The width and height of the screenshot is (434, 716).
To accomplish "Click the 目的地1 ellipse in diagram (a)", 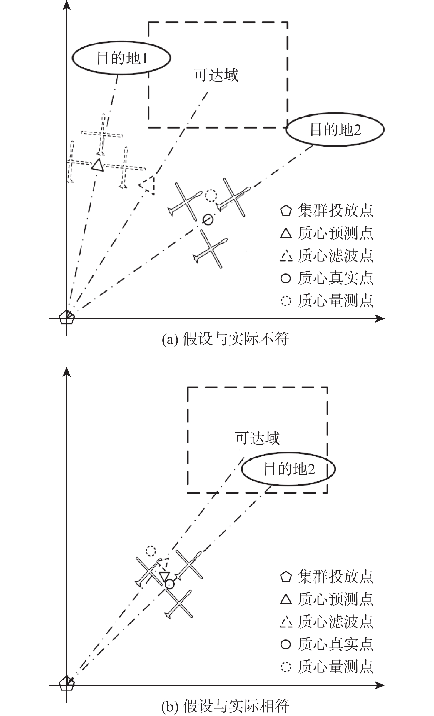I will [121, 58].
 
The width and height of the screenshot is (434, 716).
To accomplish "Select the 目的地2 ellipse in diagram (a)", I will [335, 129].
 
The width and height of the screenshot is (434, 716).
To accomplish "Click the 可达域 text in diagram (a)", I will [216, 75].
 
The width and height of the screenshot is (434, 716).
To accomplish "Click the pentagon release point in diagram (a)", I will [67, 318].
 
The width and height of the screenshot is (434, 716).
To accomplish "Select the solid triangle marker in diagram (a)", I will [97, 165].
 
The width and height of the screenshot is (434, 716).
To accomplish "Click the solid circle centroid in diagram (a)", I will [208, 219].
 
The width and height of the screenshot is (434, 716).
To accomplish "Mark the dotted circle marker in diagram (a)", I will [211, 195].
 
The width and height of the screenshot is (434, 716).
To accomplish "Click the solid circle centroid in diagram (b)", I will [169, 584].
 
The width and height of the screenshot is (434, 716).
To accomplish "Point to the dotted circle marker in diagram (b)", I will [151, 551].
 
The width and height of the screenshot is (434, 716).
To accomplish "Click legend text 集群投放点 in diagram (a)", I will [335, 211].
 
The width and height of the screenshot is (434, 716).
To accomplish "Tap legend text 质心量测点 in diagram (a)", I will [335, 300].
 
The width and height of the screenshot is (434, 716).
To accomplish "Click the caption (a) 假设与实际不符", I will [226, 339].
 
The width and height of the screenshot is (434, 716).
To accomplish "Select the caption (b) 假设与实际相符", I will [226, 706].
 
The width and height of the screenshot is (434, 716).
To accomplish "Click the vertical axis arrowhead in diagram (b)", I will [67, 372].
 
